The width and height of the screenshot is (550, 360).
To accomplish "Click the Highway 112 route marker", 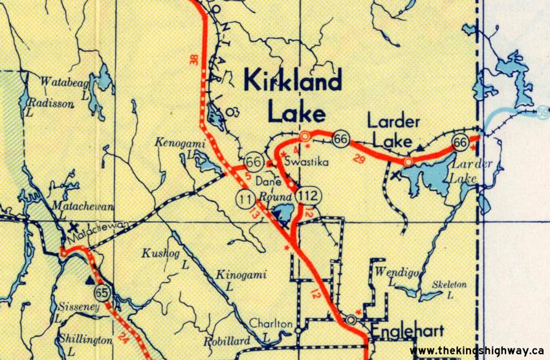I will point(306,194).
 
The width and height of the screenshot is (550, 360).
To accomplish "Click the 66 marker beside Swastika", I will point(254,161).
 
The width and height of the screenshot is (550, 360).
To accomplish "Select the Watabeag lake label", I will point(63,82).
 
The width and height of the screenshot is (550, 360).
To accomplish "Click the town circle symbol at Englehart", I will point(351,319).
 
